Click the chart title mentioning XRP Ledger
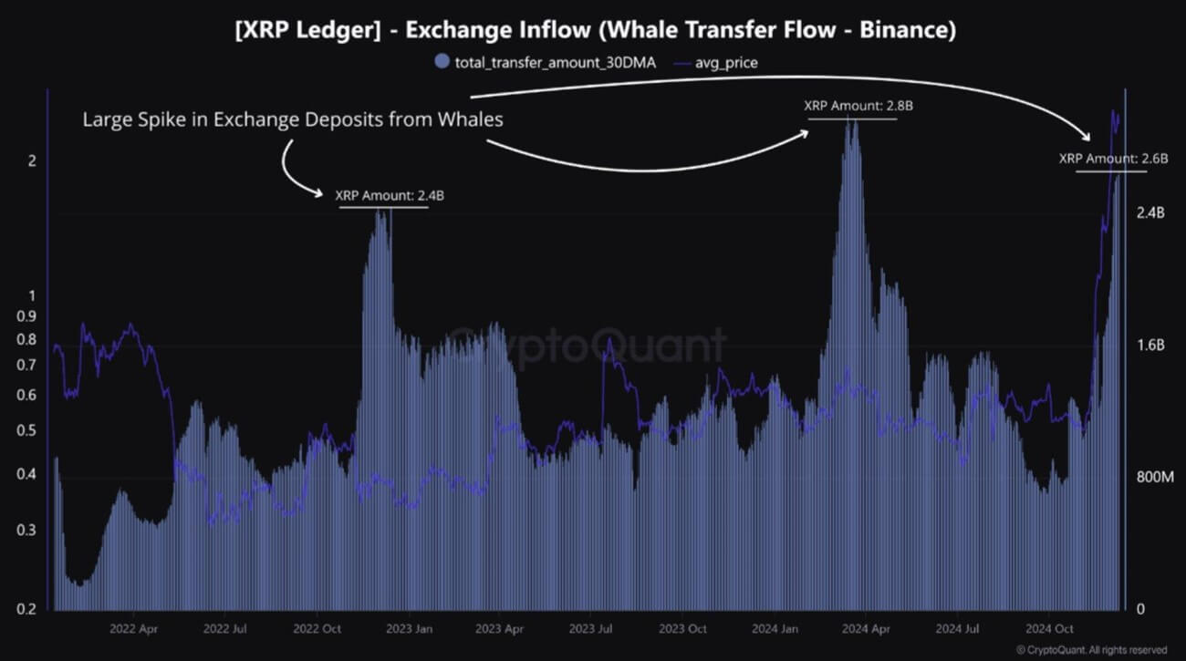click(592, 30)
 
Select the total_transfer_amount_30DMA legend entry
click(546, 62)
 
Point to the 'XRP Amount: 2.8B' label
click(858, 106)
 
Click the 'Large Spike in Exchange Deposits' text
click(293, 119)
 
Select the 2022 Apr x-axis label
click(135, 629)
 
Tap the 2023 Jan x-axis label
click(409, 629)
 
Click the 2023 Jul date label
click(591, 629)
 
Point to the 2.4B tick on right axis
click(1150, 212)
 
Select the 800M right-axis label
click(1152, 477)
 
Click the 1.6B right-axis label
click(1150, 345)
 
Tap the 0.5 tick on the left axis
click(27, 430)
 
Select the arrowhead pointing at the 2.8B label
click(805, 132)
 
